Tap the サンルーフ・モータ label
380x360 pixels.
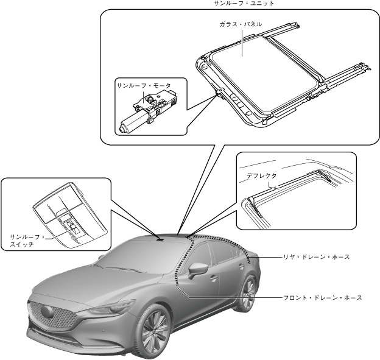tap(144, 86)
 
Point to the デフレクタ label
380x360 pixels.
tap(261, 175)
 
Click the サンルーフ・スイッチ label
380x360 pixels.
tap(25, 239)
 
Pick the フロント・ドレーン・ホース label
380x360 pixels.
tap(323, 298)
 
